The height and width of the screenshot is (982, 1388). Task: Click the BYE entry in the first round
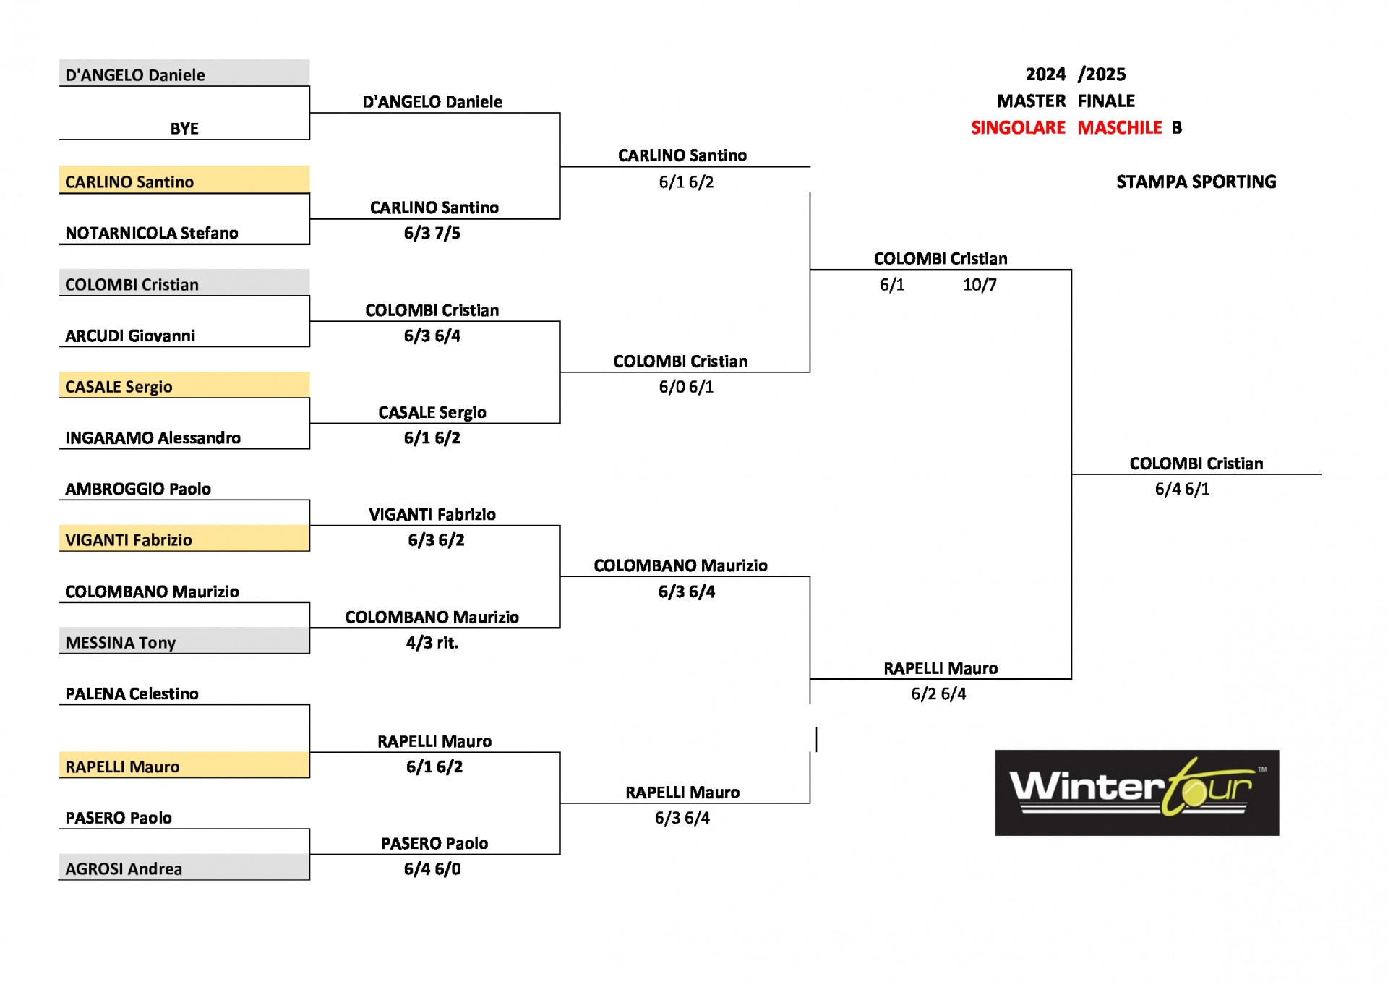184,129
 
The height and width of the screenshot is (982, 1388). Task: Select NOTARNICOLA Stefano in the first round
152,233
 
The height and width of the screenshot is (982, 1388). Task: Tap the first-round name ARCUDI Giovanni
130,336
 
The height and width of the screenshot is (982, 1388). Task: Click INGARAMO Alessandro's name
153,437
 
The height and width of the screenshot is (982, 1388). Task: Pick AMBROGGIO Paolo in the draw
138,489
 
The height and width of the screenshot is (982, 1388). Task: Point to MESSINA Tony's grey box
184,641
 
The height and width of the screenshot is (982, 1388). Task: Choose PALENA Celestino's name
132,693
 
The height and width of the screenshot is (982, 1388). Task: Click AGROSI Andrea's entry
124,868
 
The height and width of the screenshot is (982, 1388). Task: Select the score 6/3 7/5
432,233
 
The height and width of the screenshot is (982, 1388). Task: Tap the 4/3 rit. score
432,642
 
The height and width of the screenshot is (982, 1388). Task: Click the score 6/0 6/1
686,387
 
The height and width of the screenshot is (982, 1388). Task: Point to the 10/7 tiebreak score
980,285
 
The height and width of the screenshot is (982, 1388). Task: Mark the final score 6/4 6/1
1182,489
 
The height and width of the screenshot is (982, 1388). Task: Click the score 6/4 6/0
432,868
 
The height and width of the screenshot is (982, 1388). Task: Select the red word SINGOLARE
1018,127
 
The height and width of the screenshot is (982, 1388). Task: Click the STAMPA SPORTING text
1196,182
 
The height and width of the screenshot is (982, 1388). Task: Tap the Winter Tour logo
1137,793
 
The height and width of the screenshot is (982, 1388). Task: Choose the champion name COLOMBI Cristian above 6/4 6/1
1196,464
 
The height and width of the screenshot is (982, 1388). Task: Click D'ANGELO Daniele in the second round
432,102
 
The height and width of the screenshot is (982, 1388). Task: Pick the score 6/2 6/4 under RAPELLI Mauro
938,693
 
